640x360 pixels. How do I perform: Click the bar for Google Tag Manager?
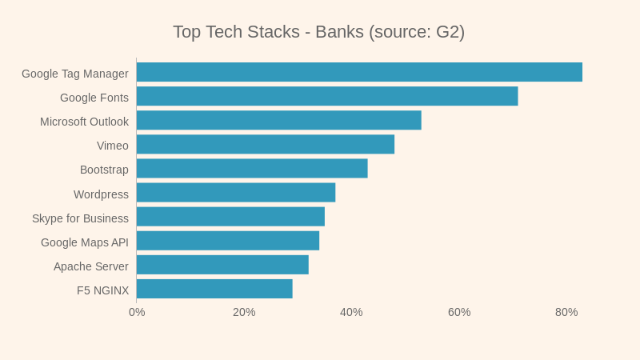coord(359,72)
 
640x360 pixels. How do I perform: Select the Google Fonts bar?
coord(327,96)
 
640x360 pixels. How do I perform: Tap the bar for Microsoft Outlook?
coord(278,120)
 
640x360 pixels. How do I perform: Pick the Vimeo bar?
coord(266,144)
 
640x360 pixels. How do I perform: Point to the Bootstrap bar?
coord(252,168)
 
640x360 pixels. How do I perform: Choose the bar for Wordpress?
coord(236,193)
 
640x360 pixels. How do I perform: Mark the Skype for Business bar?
coord(230,217)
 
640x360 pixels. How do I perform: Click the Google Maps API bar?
coord(228,241)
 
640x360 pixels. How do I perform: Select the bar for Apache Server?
coord(222,265)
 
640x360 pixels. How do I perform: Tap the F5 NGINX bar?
coord(214,289)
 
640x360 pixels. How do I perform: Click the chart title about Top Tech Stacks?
coord(318,32)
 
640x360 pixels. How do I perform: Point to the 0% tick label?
coord(137,312)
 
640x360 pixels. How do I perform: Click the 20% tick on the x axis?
coord(244,312)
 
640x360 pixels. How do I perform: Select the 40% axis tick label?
coord(351,312)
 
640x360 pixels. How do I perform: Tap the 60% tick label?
coord(459,312)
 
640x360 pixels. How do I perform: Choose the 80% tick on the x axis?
coord(566,312)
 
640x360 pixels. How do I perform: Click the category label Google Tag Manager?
coord(75,74)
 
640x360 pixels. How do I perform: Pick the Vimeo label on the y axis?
coord(113,146)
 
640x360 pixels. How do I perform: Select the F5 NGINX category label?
coord(102,290)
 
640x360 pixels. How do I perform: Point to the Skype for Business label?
coord(80,218)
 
